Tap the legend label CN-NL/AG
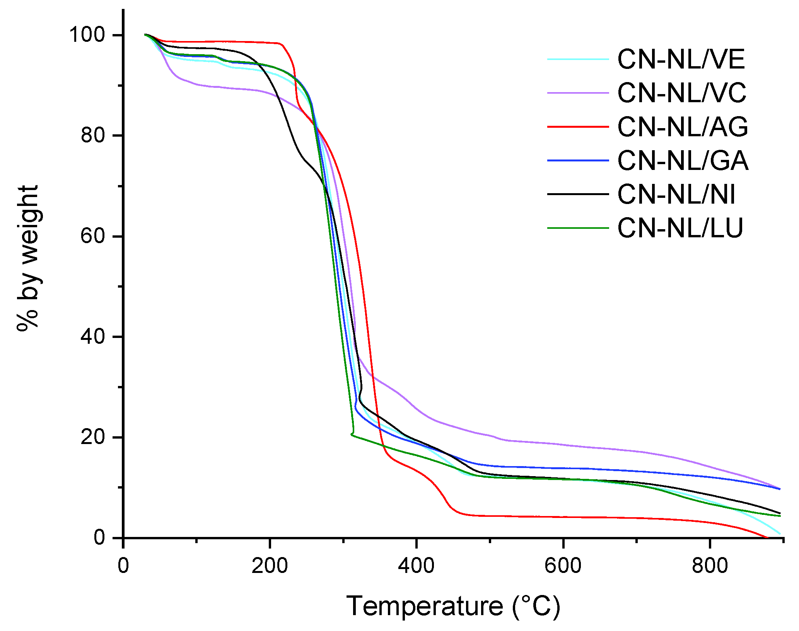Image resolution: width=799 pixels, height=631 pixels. (x=683, y=127)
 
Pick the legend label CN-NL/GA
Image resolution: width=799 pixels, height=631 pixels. (x=683, y=160)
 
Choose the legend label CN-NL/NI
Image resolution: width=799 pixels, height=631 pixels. (x=676, y=194)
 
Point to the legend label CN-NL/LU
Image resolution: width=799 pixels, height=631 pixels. (x=680, y=228)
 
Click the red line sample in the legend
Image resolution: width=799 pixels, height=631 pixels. (x=578, y=127)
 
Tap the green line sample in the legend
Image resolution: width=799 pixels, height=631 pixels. (x=578, y=228)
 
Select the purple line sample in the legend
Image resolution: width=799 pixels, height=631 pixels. (x=578, y=93)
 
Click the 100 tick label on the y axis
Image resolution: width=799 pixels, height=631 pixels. (x=87, y=35)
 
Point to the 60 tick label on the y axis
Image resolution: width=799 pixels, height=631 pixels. (x=93, y=236)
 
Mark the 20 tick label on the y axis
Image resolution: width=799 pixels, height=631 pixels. (x=93, y=437)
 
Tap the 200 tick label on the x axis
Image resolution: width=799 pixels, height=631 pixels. (x=270, y=566)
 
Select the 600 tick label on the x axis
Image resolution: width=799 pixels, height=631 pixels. (x=563, y=566)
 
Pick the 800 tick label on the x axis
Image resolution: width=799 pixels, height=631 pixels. (x=710, y=566)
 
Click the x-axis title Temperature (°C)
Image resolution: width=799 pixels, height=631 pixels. (x=453, y=606)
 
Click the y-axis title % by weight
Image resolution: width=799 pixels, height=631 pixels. (x=28, y=258)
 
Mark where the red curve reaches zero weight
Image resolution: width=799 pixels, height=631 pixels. (x=766, y=537)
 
